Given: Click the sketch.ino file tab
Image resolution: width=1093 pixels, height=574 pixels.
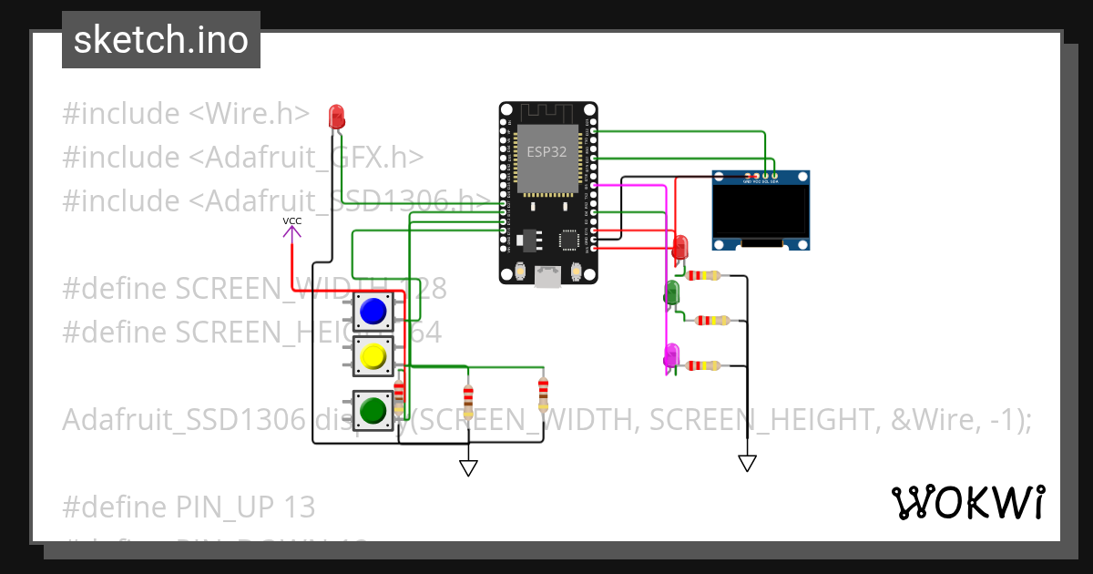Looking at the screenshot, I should pyautogui.click(x=160, y=40).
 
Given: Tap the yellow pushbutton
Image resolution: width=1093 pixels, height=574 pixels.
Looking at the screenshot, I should pyautogui.click(x=373, y=356).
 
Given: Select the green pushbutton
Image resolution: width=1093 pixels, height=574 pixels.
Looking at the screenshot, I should pyautogui.click(x=373, y=410).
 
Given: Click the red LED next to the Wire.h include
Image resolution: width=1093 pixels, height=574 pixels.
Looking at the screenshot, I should pyautogui.click(x=336, y=116).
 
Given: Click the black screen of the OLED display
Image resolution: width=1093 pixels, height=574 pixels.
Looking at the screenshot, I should pyautogui.click(x=761, y=211).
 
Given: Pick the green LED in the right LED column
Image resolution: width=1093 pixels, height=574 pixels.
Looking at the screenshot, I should pyautogui.click(x=672, y=292).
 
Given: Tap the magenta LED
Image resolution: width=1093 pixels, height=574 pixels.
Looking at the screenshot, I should pyautogui.click(x=672, y=354).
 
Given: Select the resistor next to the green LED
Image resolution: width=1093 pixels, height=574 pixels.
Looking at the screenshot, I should pyautogui.click(x=711, y=320).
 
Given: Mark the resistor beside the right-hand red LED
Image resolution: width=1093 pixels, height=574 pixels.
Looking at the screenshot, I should pyautogui.click(x=704, y=275).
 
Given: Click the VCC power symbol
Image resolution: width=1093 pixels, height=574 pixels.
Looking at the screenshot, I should pyautogui.click(x=291, y=229).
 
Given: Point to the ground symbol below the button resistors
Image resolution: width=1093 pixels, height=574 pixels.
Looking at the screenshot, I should pyautogui.click(x=468, y=467).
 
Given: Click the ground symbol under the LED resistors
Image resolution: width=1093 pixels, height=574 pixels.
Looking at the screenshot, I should pyautogui.click(x=747, y=463).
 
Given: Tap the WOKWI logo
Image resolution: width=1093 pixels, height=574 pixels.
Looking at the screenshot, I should pyautogui.click(x=967, y=502).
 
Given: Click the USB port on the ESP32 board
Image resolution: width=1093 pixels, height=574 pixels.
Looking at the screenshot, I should pyautogui.click(x=547, y=276).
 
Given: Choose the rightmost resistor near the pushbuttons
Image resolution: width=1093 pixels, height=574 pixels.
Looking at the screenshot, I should pyautogui.click(x=543, y=395).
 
